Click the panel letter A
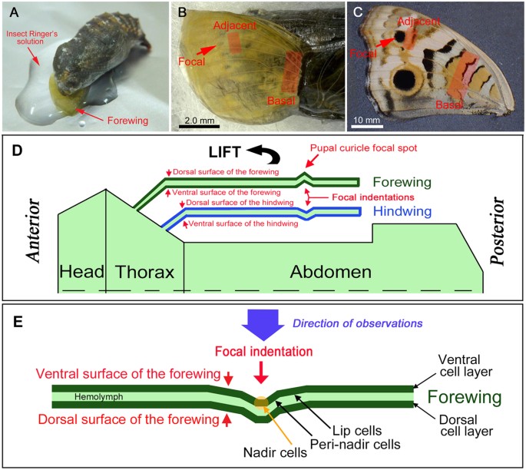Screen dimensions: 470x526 [12, 13]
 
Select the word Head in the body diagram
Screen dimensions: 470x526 [81, 272]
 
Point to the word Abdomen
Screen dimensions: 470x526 [329, 272]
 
